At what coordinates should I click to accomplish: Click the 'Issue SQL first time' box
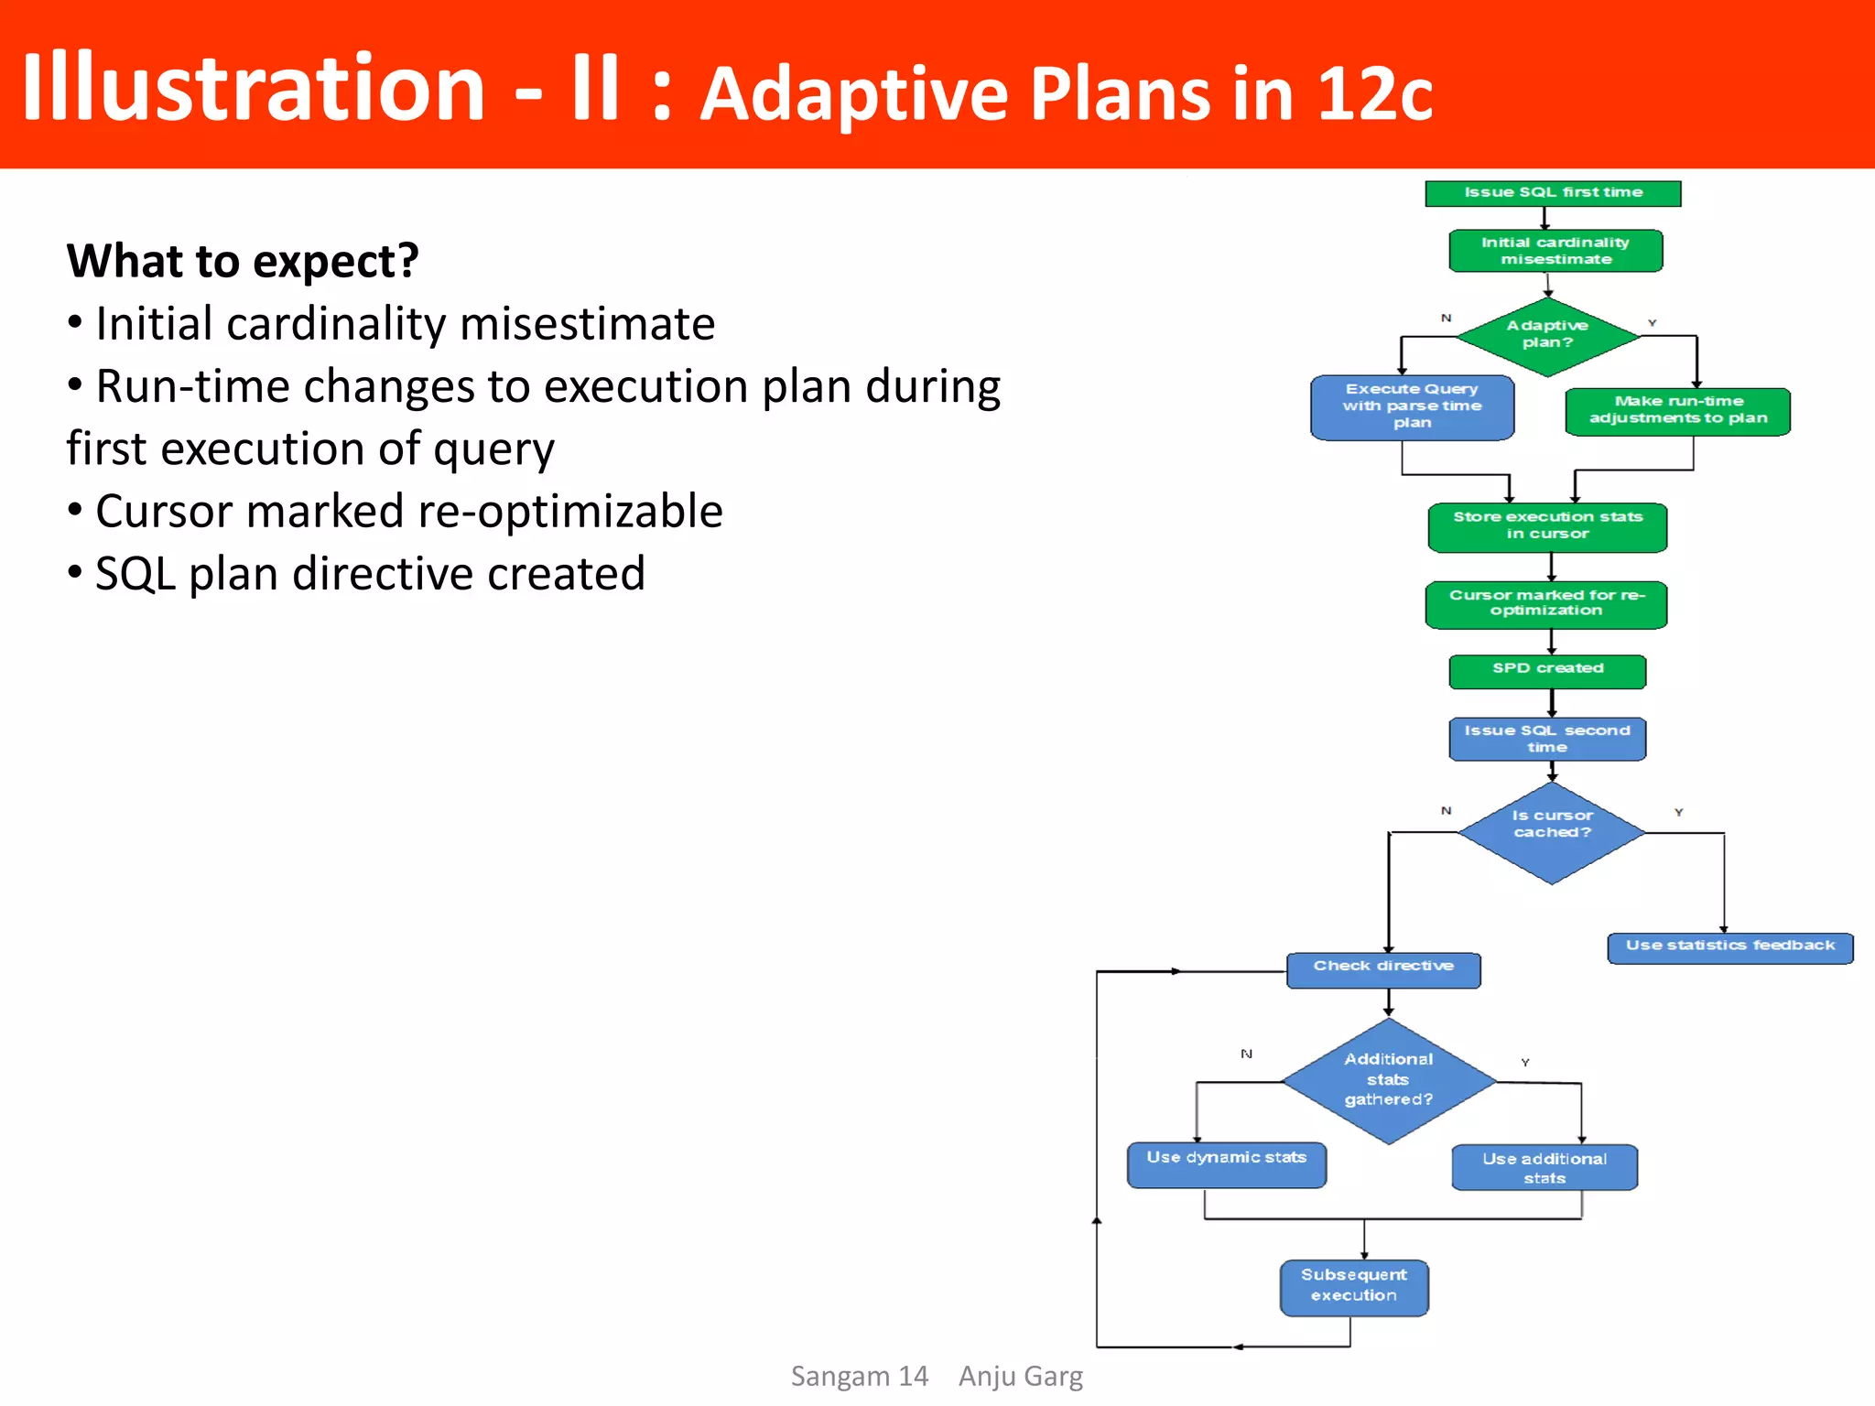[1553, 193]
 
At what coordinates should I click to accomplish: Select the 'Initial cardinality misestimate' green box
[1555, 251]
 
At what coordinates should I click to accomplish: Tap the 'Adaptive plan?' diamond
[1547, 336]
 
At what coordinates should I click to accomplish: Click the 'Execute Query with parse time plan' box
[1412, 407]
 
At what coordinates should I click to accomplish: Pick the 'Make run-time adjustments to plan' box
[1677, 411]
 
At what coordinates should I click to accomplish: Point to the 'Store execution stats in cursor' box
[1547, 527]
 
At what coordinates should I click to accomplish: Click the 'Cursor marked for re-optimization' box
[1546, 604]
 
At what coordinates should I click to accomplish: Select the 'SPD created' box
[1547, 670]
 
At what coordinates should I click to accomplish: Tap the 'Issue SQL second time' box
[1547, 739]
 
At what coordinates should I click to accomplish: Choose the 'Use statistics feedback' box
[1729, 947]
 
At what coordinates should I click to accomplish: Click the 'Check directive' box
[1383, 969]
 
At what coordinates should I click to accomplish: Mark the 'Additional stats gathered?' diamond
[1389, 1080]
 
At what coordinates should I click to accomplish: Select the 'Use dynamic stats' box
[1226, 1163]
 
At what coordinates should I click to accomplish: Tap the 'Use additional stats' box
[1544, 1167]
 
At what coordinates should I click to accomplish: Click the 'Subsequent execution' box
[1354, 1286]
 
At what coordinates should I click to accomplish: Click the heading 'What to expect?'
[243, 262]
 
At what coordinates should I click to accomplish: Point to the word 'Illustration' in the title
[253, 88]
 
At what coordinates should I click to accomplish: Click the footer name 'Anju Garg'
[1020, 1376]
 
